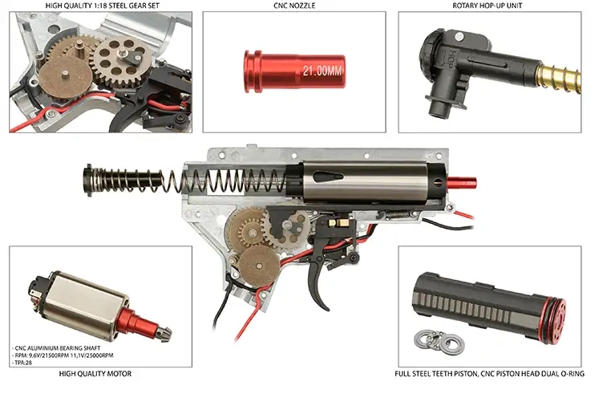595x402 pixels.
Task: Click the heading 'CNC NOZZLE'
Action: tap(294, 6)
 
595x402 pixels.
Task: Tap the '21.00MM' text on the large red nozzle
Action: tap(322, 71)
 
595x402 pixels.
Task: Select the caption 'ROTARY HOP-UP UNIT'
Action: tap(488, 6)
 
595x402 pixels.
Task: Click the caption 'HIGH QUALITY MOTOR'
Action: tap(95, 374)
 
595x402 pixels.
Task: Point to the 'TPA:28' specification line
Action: tap(22, 363)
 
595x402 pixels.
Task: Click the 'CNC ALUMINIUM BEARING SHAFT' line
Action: tap(56, 348)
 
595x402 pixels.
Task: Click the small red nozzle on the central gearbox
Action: tap(461, 184)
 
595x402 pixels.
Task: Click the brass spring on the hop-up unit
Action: tap(559, 78)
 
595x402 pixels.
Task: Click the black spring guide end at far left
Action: tap(89, 180)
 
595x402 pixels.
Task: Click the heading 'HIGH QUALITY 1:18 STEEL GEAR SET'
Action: tap(103, 6)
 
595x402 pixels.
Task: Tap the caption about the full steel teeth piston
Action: tap(489, 374)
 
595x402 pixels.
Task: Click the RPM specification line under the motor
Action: tap(63, 355)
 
